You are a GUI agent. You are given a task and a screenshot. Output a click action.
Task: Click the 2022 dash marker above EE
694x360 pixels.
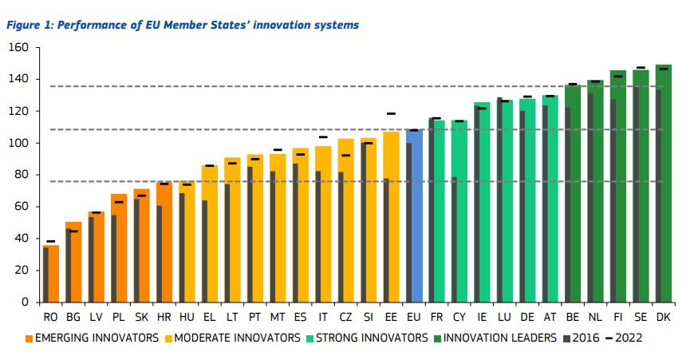[x=391, y=114]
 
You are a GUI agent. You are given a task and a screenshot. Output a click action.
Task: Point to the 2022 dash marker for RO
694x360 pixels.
[x=51, y=241]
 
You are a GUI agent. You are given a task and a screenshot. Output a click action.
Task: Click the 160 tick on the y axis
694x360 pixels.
[x=18, y=48]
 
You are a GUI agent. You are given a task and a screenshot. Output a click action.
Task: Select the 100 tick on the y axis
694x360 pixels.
[x=18, y=143]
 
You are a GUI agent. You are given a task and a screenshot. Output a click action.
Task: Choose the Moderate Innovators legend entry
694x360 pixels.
[x=231, y=338]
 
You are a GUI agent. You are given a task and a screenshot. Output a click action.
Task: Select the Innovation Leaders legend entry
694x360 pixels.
[x=495, y=338]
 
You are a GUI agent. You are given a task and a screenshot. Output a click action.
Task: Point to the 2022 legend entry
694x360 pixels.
[x=623, y=338]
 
